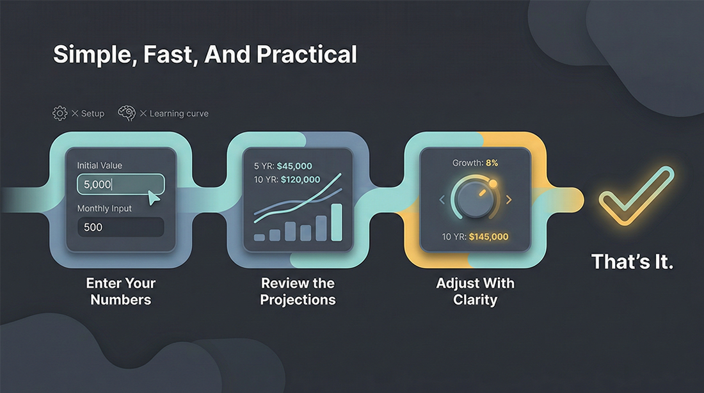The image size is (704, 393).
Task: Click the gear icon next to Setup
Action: coord(60,113)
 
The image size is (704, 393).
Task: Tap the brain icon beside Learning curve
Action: coord(127,113)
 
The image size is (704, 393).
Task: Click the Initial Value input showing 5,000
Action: coord(121,184)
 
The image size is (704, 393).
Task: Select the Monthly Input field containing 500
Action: coord(121,227)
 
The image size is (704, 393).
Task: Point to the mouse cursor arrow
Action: coord(154,198)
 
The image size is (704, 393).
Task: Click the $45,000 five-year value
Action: coord(294,166)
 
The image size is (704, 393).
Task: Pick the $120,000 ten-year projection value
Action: coord(300,180)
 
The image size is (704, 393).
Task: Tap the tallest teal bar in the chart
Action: coord(337,222)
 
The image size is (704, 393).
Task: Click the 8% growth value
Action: coord(492,163)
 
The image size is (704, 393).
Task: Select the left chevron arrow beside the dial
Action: coord(442,200)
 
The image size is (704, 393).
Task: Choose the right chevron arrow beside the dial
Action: coord(509,200)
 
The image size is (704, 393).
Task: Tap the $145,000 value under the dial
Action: coord(488,237)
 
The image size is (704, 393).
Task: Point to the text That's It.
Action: coord(632,262)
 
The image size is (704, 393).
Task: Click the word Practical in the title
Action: coord(307,54)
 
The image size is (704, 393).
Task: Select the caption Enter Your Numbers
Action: coord(121,291)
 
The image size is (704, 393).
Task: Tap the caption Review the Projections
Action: coord(298,291)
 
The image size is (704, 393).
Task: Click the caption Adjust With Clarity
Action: coord(475,291)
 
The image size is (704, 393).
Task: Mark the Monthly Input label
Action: coord(104,209)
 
